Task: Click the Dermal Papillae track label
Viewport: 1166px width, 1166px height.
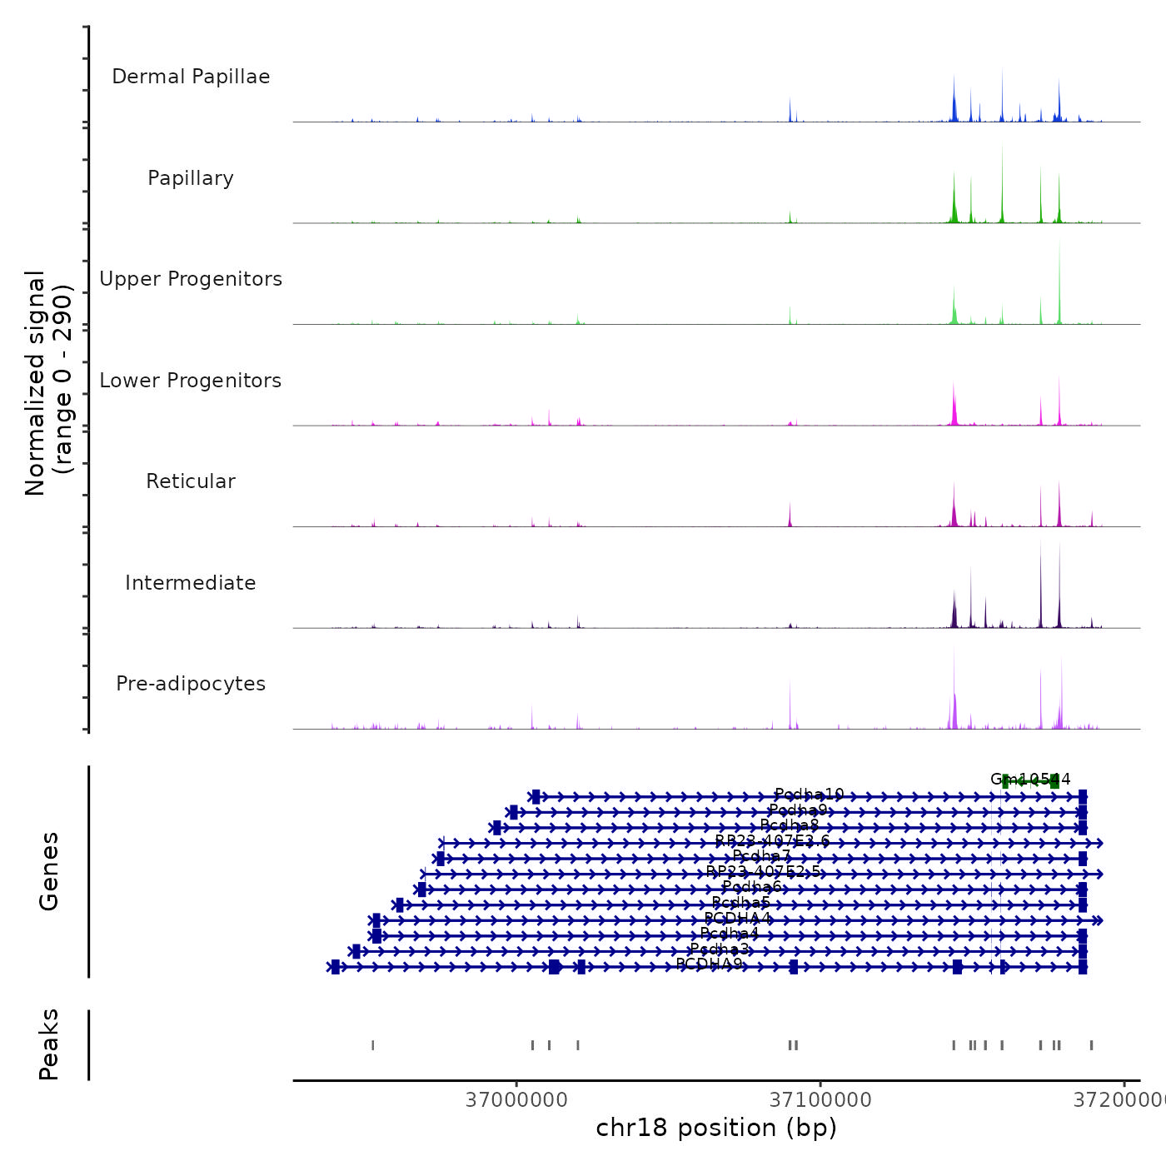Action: coord(191,77)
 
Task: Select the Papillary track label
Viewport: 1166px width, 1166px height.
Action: coord(191,178)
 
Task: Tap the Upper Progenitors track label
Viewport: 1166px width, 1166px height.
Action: coord(191,279)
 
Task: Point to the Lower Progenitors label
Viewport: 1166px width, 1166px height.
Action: coord(191,381)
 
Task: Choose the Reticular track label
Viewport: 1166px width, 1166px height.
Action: coord(191,481)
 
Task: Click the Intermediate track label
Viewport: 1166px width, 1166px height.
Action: coord(191,583)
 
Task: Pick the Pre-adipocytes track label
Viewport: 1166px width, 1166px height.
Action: coord(191,684)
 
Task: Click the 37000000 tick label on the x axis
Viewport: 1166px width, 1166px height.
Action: coord(516,1099)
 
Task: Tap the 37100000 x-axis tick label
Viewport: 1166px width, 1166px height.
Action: coord(820,1099)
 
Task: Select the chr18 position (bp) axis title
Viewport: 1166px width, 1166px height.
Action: coord(716,1128)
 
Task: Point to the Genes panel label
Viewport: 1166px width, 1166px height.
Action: coord(49,871)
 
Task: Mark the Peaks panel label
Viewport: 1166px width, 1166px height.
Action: coord(49,1044)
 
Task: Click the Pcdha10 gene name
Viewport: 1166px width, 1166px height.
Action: coord(809,795)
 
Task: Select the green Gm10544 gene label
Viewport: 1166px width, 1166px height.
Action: coord(1030,780)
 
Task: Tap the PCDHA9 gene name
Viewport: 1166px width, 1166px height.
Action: coord(709,964)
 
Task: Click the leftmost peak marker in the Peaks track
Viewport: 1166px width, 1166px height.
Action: coord(372,1045)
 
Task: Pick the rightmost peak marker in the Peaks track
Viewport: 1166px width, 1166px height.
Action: coord(1091,1045)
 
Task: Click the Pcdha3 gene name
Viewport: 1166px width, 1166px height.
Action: coord(720,949)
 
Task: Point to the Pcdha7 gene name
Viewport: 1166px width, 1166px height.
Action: coord(762,855)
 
